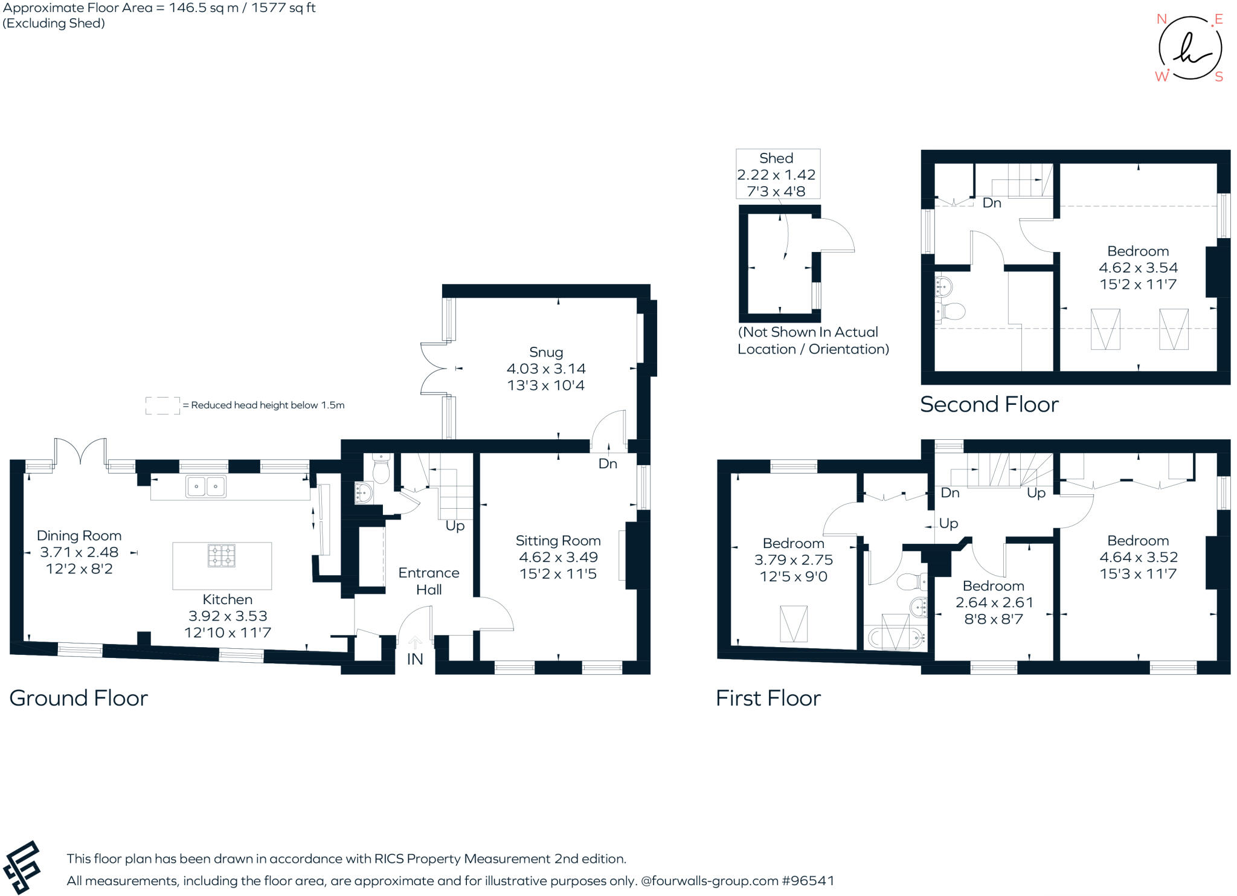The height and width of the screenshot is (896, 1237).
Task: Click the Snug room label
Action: [546, 352]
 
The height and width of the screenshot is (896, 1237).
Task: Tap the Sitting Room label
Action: [558, 541]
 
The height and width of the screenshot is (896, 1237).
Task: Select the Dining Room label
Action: [79, 536]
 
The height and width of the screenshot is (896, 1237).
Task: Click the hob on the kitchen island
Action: [222, 556]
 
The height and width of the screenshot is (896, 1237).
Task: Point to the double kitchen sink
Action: [207, 486]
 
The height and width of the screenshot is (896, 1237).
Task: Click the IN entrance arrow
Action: [415, 643]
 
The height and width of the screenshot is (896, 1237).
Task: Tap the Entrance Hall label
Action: [429, 581]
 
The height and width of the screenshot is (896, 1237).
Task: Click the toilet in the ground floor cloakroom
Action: [381, 469]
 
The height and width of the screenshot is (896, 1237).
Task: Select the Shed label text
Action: [776, 158]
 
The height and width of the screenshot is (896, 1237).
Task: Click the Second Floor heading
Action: [989, 404]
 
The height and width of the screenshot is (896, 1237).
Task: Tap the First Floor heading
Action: [768, 698]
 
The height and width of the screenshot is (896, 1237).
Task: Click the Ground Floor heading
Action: [79, 698]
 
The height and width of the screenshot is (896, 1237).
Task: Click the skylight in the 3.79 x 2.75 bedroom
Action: [794, 624]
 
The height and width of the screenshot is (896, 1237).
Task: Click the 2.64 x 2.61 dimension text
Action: [994, 602]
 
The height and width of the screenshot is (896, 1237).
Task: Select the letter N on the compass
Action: [1161, 19]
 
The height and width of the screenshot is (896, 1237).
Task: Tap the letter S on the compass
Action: [1219, 77]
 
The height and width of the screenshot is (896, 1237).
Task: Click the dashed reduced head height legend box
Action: [162, 405]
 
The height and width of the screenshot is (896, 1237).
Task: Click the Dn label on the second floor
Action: [992, 203]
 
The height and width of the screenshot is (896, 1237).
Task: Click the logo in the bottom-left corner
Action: [21, 867]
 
